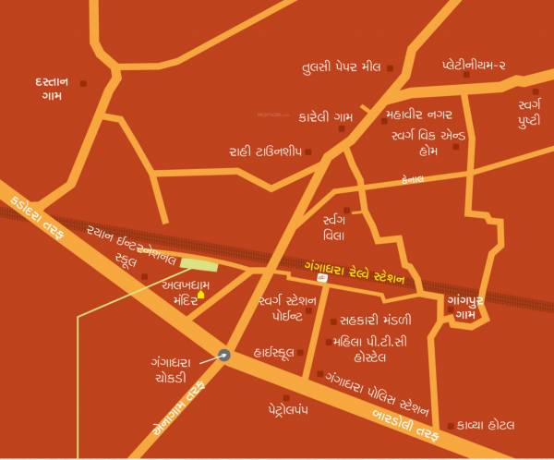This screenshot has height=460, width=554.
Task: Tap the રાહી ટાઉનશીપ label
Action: coord(266,150)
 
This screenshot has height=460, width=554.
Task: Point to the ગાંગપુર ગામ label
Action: coord(472,308)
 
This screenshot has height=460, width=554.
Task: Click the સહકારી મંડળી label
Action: coord(377,320)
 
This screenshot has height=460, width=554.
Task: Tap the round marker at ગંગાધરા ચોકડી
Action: coord(224,352)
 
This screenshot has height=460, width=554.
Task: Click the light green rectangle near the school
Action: coord(199,263)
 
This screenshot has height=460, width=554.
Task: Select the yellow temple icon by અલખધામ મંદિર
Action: coord(201,296)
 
